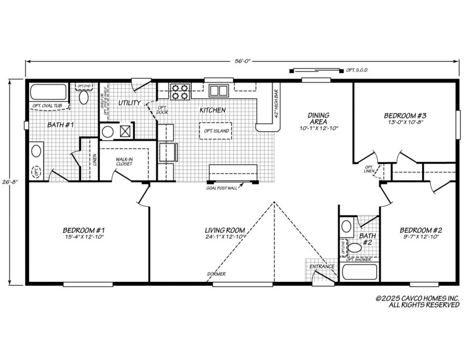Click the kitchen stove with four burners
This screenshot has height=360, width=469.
pyautogui.click(x=179, y=92)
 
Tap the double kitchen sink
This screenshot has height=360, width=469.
pyautogui.click(x=218, y=90)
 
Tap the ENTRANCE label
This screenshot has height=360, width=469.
pyautogui.click(x=322, y=267)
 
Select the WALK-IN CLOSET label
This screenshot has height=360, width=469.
pyautogui.click(x=123, y=162)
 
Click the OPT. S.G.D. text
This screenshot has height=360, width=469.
pyautogui.click(x=357, y=70)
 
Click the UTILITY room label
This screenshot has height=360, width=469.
pyautogui.click(x=128, y=103)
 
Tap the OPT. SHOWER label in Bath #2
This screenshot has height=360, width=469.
pyautogui.click(x=358, y=260)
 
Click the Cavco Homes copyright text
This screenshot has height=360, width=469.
pyautogui.click(x=417, y=302)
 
